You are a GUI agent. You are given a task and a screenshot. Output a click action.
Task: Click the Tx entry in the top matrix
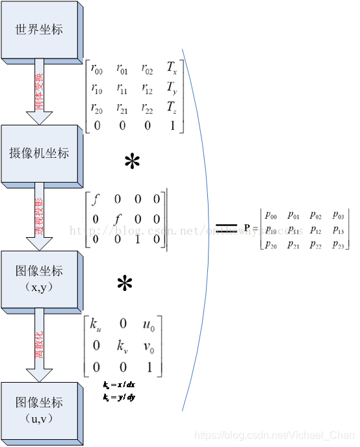click(x=172, y=68)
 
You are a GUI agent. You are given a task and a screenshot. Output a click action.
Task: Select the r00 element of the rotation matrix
click(x=97, y=68)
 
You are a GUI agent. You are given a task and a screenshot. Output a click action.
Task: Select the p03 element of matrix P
click(x=339, y=215)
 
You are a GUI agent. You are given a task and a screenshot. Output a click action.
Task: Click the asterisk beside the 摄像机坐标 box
click(x=133, y=162)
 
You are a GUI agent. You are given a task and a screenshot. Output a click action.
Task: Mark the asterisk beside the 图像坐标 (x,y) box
click(x=125, y=283)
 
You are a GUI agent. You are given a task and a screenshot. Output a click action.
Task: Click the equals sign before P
click(x=226, y=226)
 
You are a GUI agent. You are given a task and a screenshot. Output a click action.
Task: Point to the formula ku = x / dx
click(x=118, y=386)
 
